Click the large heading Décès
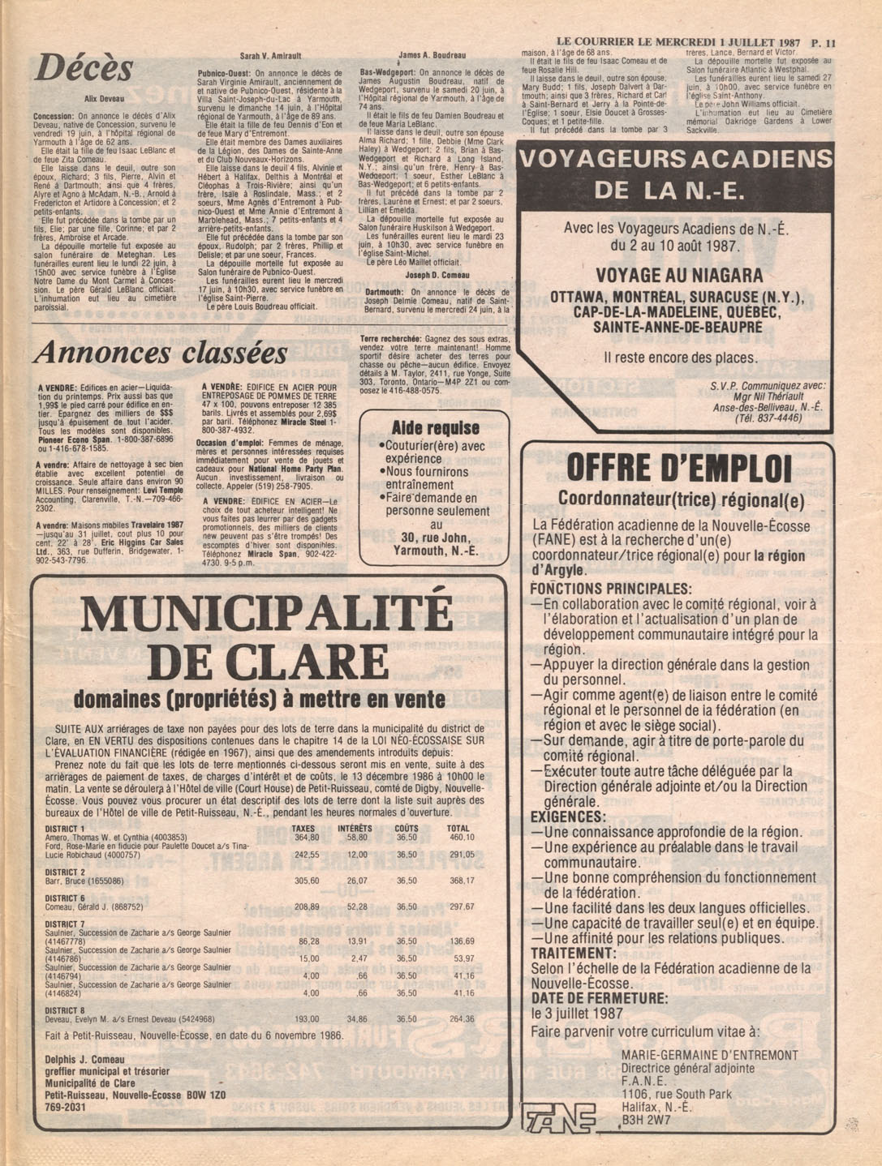(x=84, y=68)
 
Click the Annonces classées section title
(x=161, y=352)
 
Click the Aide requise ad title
(x=435, y=427)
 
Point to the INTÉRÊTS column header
(x=355, y=828)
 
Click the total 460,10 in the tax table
(x=461, y=837)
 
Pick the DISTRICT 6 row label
(x=65, y=898)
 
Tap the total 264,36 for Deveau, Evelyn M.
(x=461, y=1019)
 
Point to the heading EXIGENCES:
(x=568, y=817)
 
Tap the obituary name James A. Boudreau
(x=432, y=55)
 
